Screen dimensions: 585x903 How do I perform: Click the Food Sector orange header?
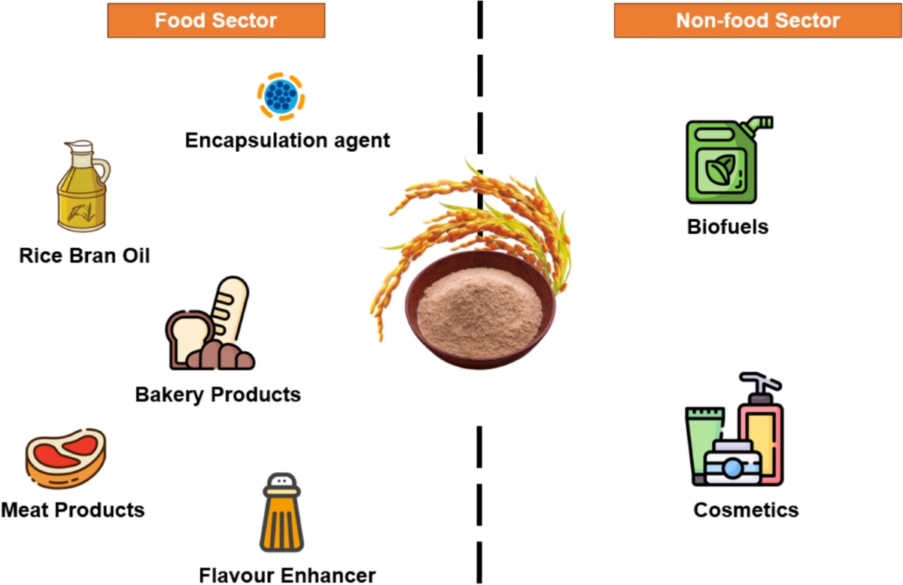[x=215, y=20]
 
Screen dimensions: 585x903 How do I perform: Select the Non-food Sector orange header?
[x=757, y=20]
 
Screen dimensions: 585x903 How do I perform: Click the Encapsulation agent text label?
[x=287, y=140]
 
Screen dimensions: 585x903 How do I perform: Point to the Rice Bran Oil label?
[x=84, y=256]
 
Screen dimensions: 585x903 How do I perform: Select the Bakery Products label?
[x=217, y=394]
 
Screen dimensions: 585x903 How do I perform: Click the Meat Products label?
[x=72, y=510]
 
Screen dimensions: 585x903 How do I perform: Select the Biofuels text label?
[x=728, y=226]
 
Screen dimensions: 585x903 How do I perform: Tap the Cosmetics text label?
[x=746, y=510]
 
